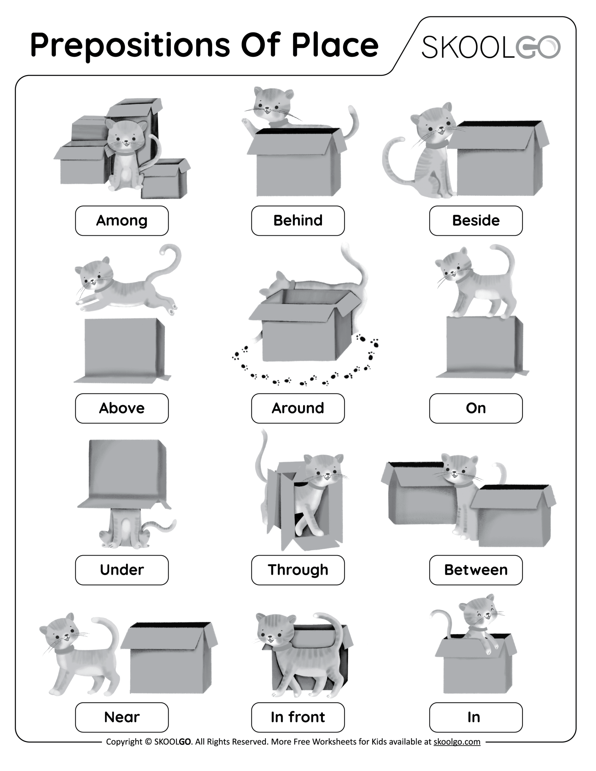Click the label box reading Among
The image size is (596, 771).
coord(122,221)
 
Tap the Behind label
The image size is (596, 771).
coord(298,221)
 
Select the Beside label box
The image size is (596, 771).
coord(476,221)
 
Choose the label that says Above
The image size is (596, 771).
coord(122,408)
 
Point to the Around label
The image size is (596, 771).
coord(298,408)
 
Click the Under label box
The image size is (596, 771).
coord(122,570)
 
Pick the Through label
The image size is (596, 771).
coord(298,570)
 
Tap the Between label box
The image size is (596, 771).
coord(476,570)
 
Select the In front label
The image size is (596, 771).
coord(298,717)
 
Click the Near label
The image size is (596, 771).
coord(122,717)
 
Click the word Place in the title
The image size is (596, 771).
coord(334,45)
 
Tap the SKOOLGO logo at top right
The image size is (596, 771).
coord(491,47)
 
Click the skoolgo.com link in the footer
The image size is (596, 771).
coord(457,741)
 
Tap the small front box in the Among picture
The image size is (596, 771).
coord(164,182)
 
